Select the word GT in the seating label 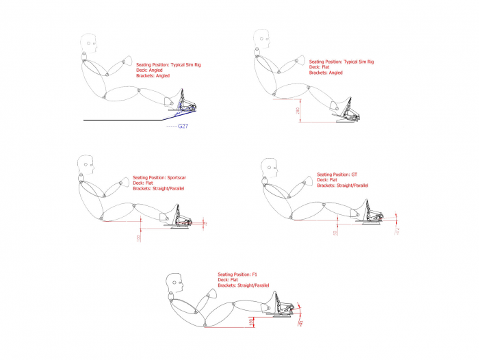tap(354, 175)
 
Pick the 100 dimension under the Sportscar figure tap(138, 237)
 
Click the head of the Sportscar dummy tap(86, 164)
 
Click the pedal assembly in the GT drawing tap(370, 212)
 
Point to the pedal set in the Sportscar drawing tap(182, 216)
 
